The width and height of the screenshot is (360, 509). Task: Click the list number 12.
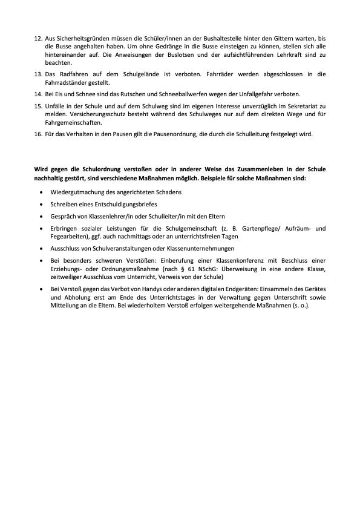[38, 38]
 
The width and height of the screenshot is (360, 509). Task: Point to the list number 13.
[38, 74]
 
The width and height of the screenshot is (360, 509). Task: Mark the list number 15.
[38, 107]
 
